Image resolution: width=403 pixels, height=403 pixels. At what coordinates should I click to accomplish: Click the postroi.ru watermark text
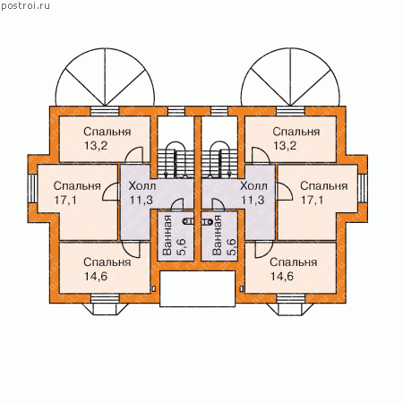pos(25,5)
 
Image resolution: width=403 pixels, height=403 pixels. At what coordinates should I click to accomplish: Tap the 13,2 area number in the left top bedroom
pos(96,146)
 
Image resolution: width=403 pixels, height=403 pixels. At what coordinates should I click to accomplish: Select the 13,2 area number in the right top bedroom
pos(285,146)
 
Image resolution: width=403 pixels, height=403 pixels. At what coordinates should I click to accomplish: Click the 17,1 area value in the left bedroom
pos(65,200)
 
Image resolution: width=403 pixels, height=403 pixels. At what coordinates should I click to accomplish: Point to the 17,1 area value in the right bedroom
pos(312,200)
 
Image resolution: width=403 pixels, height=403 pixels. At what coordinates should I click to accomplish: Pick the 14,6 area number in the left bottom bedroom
pos(96,277)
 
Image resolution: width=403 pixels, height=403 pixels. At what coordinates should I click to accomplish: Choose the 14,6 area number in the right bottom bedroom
pos(282,277)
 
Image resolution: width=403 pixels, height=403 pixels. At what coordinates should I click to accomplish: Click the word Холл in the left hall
pos(142,186)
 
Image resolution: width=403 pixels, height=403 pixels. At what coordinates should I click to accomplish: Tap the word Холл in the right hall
pos(253,186)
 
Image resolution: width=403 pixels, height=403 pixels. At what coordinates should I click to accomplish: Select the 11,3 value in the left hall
pos(141,200)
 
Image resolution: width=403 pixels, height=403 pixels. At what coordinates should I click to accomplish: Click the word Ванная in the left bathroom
pos(167,236)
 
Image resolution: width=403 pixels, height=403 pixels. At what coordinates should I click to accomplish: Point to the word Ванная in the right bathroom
pos(217,236)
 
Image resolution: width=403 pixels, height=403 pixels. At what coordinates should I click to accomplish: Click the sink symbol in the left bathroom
pos(188,221)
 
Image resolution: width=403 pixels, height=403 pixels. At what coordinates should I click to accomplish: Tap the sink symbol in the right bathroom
pos(207,221)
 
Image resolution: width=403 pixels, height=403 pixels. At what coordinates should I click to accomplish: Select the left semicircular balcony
pos(105,78)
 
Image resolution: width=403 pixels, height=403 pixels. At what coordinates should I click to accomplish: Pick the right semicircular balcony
pos(290,78)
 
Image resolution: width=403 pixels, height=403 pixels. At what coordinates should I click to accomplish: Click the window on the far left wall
pos(32,188)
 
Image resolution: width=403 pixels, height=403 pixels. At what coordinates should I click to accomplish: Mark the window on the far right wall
pos(363,188)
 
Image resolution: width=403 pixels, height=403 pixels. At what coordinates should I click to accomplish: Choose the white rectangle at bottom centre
pos(198,288)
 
